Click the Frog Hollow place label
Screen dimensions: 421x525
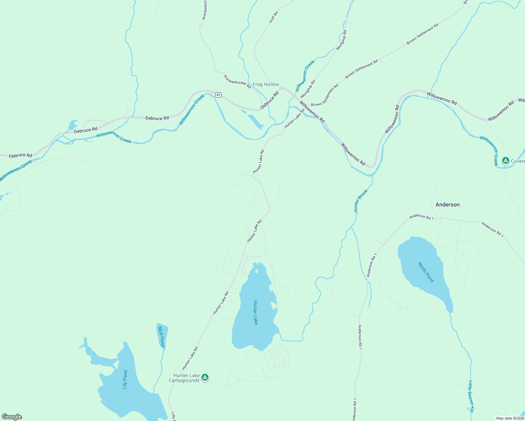[x=266, y=85]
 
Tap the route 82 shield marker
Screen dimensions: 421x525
[x=218, y=95]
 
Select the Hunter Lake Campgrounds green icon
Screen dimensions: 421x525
[x=205, y=377]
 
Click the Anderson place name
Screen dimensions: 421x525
[x=447, y=205]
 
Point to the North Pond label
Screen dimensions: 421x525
[x=426, y=272]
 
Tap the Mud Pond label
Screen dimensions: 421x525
[x=161, y=336]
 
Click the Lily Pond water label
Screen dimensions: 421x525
[x=125, y=380]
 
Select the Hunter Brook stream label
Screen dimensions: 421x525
[x=360, y=201]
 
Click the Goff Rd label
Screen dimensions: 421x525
[x=273, y=17]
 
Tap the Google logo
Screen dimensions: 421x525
[x=12, y=417]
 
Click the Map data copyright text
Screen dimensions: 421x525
[x=510, y=418]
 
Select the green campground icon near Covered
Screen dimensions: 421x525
[x=505, y=161]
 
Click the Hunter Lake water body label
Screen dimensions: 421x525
[x=255, y=313]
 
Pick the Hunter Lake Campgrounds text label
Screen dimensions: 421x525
[x=185, y=378]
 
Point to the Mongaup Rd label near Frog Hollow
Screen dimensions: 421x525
[x=308, y=89]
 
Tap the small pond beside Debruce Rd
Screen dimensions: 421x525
[x=73, y=125]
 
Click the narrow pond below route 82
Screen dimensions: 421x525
[x=255, y=121]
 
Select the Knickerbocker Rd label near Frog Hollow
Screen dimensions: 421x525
[x=238, y=82]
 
